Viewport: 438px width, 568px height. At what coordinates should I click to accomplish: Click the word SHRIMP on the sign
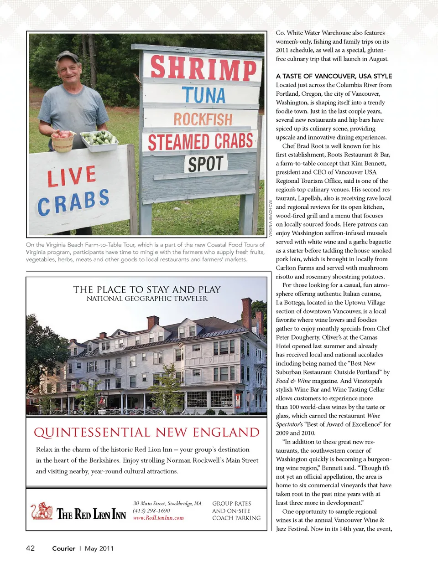[203, 68]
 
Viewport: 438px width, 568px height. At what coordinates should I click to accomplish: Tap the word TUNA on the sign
[204, 95]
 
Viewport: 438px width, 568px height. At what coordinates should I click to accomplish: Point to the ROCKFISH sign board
[203, 119]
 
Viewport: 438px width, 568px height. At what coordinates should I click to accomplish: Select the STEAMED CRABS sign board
[200, 142]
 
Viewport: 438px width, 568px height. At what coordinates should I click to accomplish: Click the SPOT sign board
[206, 164]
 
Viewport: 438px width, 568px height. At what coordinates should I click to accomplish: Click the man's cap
[68, 56]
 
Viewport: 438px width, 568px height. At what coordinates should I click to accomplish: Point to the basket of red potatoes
[63, 140]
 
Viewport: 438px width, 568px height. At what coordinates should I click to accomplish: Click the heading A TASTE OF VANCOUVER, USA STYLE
[334, 76]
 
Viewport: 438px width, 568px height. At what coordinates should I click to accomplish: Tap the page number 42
[30, 548]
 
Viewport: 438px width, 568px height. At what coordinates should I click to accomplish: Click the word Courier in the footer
[63, 548]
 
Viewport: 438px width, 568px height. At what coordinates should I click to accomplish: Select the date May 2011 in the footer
[99, 548]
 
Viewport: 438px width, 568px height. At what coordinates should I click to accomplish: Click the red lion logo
[42, 511]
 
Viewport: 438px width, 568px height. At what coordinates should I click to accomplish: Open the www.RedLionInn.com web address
[158, 518]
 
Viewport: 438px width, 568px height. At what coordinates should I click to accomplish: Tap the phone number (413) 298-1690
[151, 511]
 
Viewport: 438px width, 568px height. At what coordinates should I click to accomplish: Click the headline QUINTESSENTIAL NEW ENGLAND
[146, 432]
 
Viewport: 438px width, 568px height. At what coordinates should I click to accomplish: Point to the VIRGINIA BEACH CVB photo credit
[271, 218]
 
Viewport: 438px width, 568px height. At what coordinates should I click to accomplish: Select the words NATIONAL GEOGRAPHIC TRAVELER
[147, 299]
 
